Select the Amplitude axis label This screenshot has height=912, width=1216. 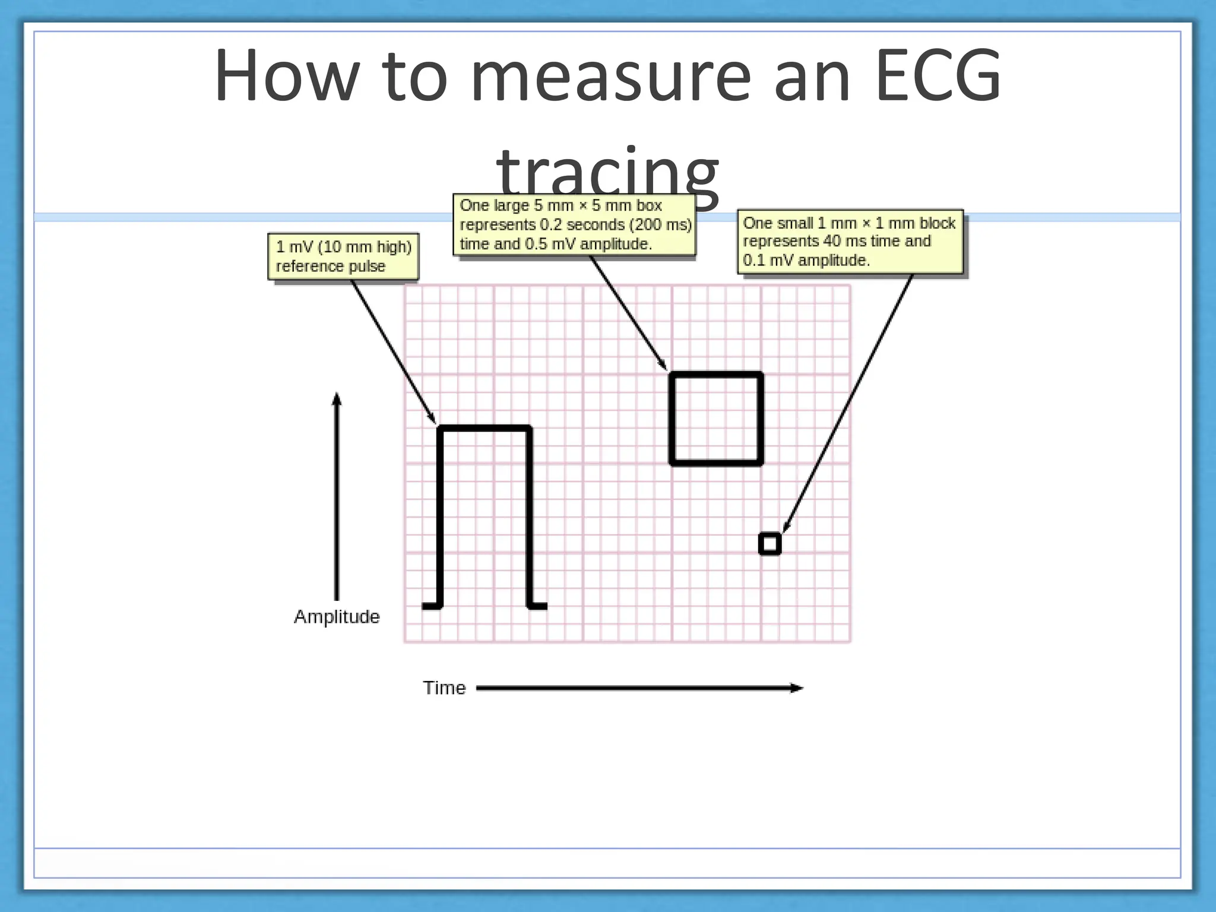pyautogui.click(x=337, y=617)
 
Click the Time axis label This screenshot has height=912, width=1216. pyautogui.click(x=444, y=688)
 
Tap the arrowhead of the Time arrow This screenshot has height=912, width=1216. pyautogui.click(x=797, y=688)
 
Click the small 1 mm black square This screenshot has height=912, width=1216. pyautogui.click(x=769, y=544)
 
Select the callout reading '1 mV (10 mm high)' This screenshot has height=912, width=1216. pyautogui.click(x=343, y=247)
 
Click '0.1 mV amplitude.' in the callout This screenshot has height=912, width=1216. pyautogui.click(x=806, y=261)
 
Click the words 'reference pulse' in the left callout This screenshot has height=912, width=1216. pyautogui.click(x=330, y=267)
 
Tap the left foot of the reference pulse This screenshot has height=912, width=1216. pyautogui.click(x=431, y=606)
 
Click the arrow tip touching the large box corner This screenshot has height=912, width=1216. pyautogui.click(x=666, y=369)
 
